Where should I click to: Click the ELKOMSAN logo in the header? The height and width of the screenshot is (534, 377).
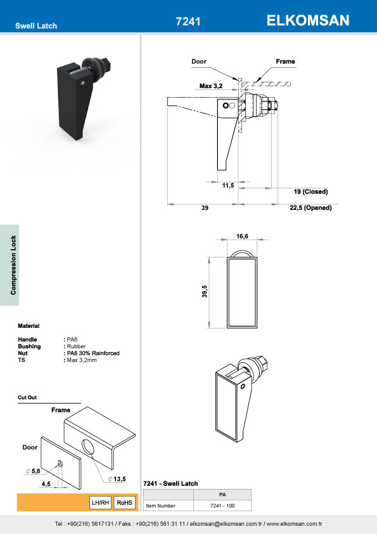308,20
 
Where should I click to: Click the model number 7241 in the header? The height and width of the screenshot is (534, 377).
188,22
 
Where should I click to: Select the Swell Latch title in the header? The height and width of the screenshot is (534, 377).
36,26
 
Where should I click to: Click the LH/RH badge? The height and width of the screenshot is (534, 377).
101,502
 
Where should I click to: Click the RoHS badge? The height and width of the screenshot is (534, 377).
125,502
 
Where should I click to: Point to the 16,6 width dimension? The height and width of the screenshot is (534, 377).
242,236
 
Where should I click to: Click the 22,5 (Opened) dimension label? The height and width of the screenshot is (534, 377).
310,207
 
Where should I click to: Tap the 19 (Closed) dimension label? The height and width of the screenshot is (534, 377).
310,192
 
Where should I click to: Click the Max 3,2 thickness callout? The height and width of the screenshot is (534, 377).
210,86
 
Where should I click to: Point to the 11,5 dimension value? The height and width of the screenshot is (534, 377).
228,185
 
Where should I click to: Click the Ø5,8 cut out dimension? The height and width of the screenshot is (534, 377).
32,471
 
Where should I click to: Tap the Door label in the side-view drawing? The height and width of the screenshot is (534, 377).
199,62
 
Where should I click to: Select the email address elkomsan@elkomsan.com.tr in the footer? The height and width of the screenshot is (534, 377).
226,524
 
